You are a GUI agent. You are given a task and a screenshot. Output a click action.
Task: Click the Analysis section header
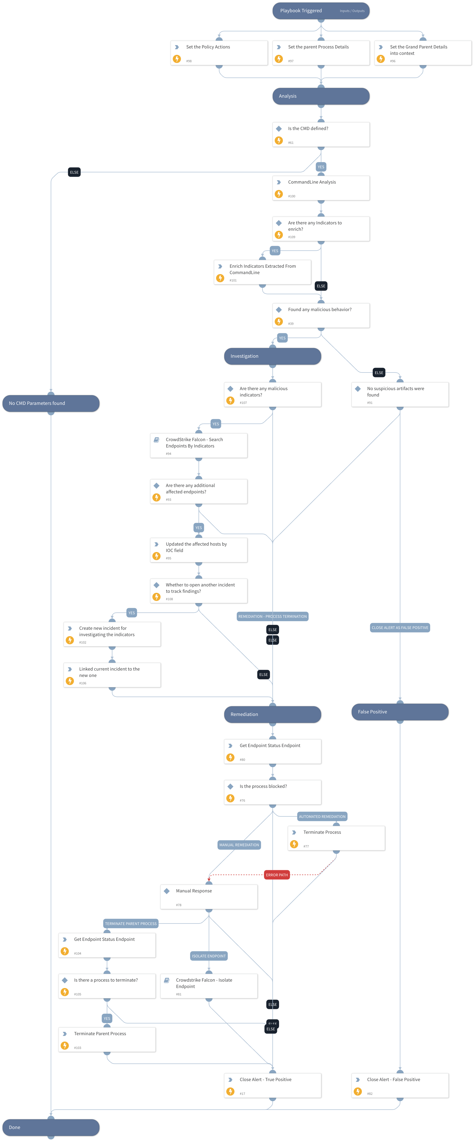tap(321, 96)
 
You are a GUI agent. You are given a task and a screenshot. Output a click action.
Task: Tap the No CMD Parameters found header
tap(51, 403)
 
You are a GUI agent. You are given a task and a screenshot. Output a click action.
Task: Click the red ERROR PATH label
tap(276, 875)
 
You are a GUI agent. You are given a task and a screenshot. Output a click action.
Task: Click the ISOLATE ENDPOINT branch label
tap(209, 956)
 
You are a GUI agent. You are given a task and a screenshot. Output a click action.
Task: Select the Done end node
tap(51, 1127)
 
